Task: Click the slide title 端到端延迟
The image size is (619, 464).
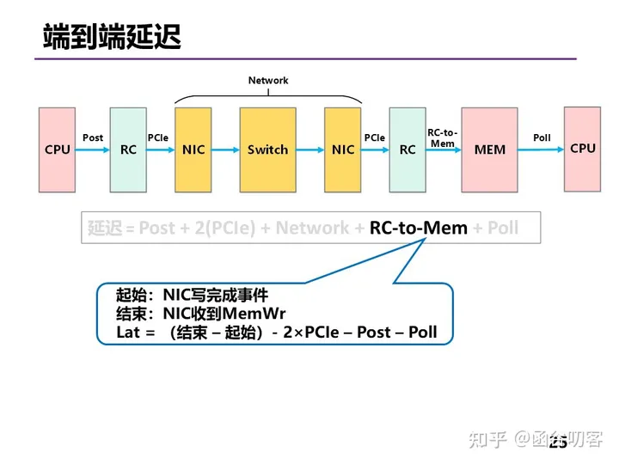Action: (x=112, y=37)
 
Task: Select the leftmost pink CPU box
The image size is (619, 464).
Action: (x=58, y=150)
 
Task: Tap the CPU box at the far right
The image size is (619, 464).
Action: (x=582, y=149)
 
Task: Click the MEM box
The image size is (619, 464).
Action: (x=490, y=150)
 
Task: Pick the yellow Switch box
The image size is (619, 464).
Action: (x=267, y=150)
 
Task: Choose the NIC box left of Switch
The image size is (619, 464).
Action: (x=193, y=150)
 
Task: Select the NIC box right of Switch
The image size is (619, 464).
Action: (x=343, y=150)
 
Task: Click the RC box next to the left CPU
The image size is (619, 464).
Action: (x=128, y=150)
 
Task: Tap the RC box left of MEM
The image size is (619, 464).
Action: (x=408, y=150)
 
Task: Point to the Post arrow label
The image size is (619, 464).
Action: (x=93, y=137)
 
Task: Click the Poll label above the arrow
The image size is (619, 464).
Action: (x=542, y=137)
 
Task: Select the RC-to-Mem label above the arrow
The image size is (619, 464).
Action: (x=443, y=137)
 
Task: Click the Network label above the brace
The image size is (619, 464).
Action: (x=268, y=81)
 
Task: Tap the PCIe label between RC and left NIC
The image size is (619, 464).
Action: (x=158, y=137)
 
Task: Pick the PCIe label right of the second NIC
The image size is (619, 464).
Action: (x=375, y=137)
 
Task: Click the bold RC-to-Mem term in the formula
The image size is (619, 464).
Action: (x=419, y=228)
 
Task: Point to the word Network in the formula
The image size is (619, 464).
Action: (x=313, y=228)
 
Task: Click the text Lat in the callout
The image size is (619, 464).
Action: (x=128, y=332)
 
